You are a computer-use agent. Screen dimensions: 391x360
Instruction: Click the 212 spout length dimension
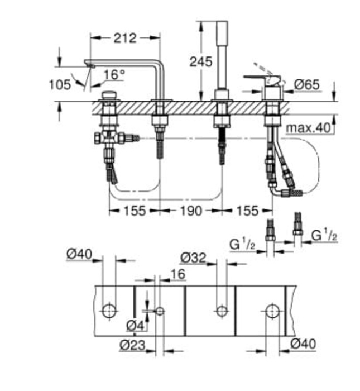click(126, 38)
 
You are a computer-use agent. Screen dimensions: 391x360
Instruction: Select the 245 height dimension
click(200, 61)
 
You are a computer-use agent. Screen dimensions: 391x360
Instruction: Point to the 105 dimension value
click(60, 84)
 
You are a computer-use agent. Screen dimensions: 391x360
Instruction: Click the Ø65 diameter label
click(306, 85)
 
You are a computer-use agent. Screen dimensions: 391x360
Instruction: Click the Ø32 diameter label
click(193, 258)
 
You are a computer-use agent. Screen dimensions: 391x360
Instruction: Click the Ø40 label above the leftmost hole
click(79, 255)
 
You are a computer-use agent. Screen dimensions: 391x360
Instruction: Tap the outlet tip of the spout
click(88, 63)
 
